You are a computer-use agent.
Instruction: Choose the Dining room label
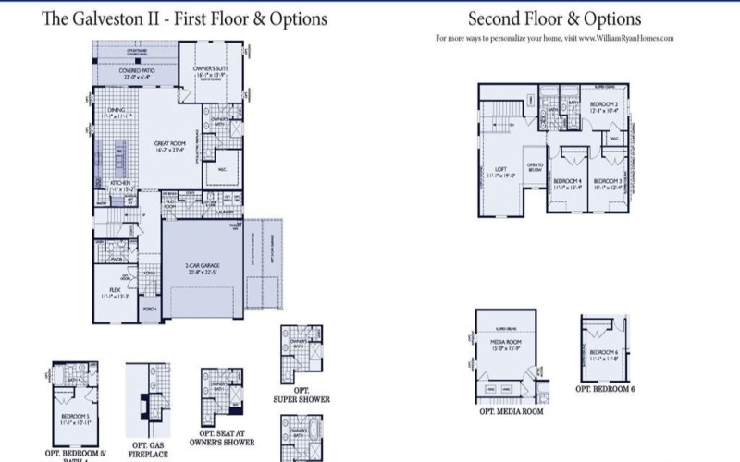[117, 109]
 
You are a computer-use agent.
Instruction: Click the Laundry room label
[226, 212]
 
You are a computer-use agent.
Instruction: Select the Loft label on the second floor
[500, 169]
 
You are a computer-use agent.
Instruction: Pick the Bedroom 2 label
[604, 104]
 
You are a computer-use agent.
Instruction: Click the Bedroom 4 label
[565, 181]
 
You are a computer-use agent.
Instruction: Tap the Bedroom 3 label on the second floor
[607, 181]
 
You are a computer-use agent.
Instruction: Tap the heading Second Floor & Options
[554, 18]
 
